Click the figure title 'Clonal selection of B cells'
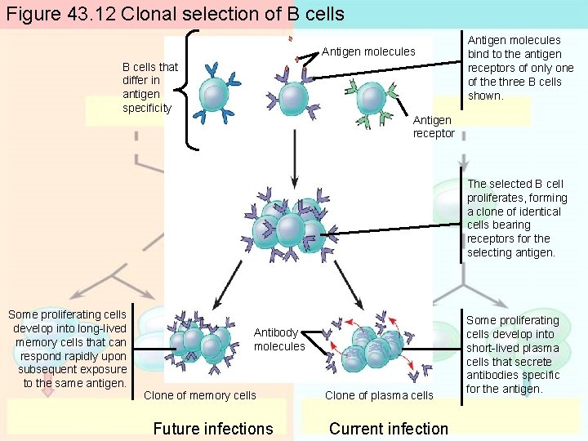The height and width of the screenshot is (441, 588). [x=175, y=14]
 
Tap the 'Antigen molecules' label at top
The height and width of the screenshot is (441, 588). [x=367, y=51]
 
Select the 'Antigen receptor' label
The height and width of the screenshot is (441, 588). [x=433, y=127]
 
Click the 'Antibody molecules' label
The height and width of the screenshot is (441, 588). [x=278, y=339]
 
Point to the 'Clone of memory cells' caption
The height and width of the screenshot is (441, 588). [x=199, y=395]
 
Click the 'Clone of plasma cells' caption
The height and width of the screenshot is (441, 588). [x=379, y=395]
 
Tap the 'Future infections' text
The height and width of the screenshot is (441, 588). [x=213, y=428]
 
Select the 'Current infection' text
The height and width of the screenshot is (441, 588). [x=388, y=428]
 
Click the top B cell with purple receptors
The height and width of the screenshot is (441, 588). [x=294, y=96]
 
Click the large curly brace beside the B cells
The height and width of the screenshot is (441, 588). [x=190, y=90]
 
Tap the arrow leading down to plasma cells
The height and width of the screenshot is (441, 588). [x=349, y=286]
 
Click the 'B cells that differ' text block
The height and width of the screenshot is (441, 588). [x=149, y=87]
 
